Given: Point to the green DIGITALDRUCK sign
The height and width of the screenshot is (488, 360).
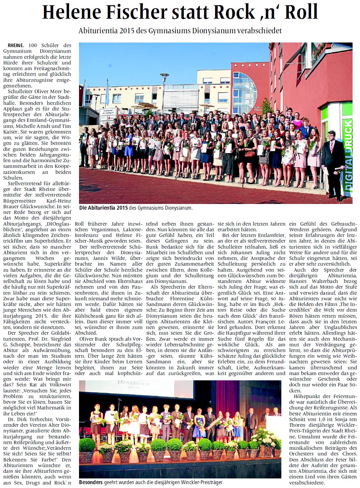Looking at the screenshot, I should pos(348,156).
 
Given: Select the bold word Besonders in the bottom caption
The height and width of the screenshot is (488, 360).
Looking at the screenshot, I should pos(91,482).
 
